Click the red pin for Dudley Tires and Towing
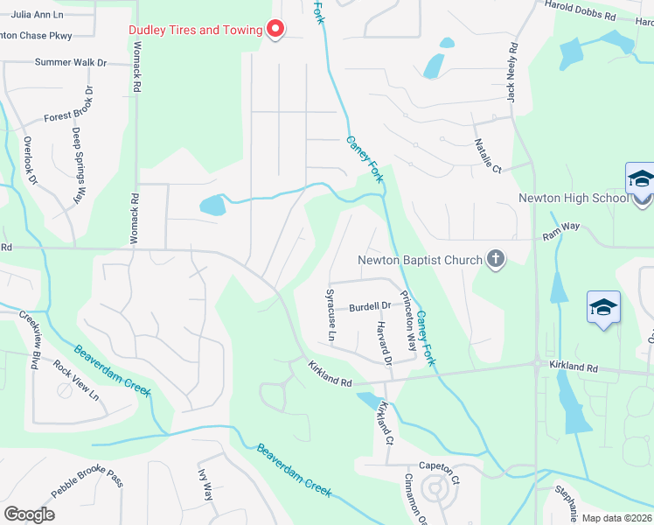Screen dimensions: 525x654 275,30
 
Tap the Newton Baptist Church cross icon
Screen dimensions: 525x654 496,259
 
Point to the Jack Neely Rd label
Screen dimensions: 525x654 512,72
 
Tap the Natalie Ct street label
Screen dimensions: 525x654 489,155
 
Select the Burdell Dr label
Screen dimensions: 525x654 369,306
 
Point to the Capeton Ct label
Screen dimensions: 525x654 439,467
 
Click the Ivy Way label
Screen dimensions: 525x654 205,485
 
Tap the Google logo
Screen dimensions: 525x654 29,514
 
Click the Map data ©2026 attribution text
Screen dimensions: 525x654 616,518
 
